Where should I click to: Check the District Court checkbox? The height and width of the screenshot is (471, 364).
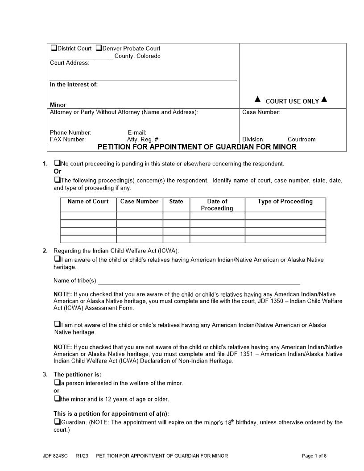click(54, 48)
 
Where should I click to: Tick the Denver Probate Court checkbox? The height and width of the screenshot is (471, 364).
click(99, 48)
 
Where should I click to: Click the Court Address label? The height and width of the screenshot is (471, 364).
click(70, 63)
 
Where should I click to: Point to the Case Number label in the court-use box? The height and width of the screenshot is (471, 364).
click(261, 112)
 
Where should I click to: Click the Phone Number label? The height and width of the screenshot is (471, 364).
click(70, 132)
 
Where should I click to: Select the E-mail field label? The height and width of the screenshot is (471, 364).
click(137, 132)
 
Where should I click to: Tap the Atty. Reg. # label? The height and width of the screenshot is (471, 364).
click(143, 139)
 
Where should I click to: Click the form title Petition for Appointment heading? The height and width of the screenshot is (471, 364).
click(197, 147)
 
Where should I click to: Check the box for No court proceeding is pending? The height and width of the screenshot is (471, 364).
click(57, 163)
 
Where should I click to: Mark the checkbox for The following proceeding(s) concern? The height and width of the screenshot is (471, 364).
click(57, 180)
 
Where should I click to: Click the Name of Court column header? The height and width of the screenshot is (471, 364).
click(88, 202)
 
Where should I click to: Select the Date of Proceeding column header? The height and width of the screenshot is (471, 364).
click(217, 205)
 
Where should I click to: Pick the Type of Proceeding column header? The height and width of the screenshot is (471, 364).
click(285, 202)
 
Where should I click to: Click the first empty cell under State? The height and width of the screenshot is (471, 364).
click(176, 216)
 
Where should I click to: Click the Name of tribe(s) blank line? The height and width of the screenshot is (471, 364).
click(199, 281)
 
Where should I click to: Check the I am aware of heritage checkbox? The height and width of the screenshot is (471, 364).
click(57, 259)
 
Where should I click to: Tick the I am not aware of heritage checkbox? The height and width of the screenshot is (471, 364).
click(57, 324)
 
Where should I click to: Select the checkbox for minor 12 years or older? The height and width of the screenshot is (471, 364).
click(57, 398)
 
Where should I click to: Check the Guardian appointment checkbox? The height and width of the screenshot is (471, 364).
click(57, 421)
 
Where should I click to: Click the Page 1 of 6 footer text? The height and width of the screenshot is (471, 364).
click(314, 456)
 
